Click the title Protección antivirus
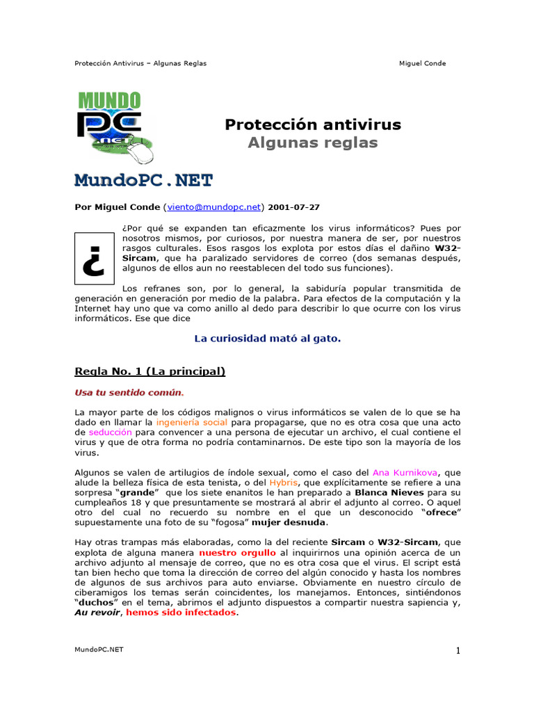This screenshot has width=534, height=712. pos(313,124)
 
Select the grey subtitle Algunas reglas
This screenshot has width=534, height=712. pos(313,143)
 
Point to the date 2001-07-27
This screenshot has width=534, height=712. pos(294,207)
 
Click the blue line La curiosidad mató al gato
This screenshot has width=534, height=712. pos(267,339)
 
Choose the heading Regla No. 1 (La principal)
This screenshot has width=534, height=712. pos(149,371)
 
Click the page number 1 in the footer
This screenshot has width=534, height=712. pos(458,651)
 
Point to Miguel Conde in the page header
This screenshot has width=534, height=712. pos(422,63)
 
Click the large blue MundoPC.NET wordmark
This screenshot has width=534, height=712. pos(143,181)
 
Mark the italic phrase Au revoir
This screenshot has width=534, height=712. pos(97,613)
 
